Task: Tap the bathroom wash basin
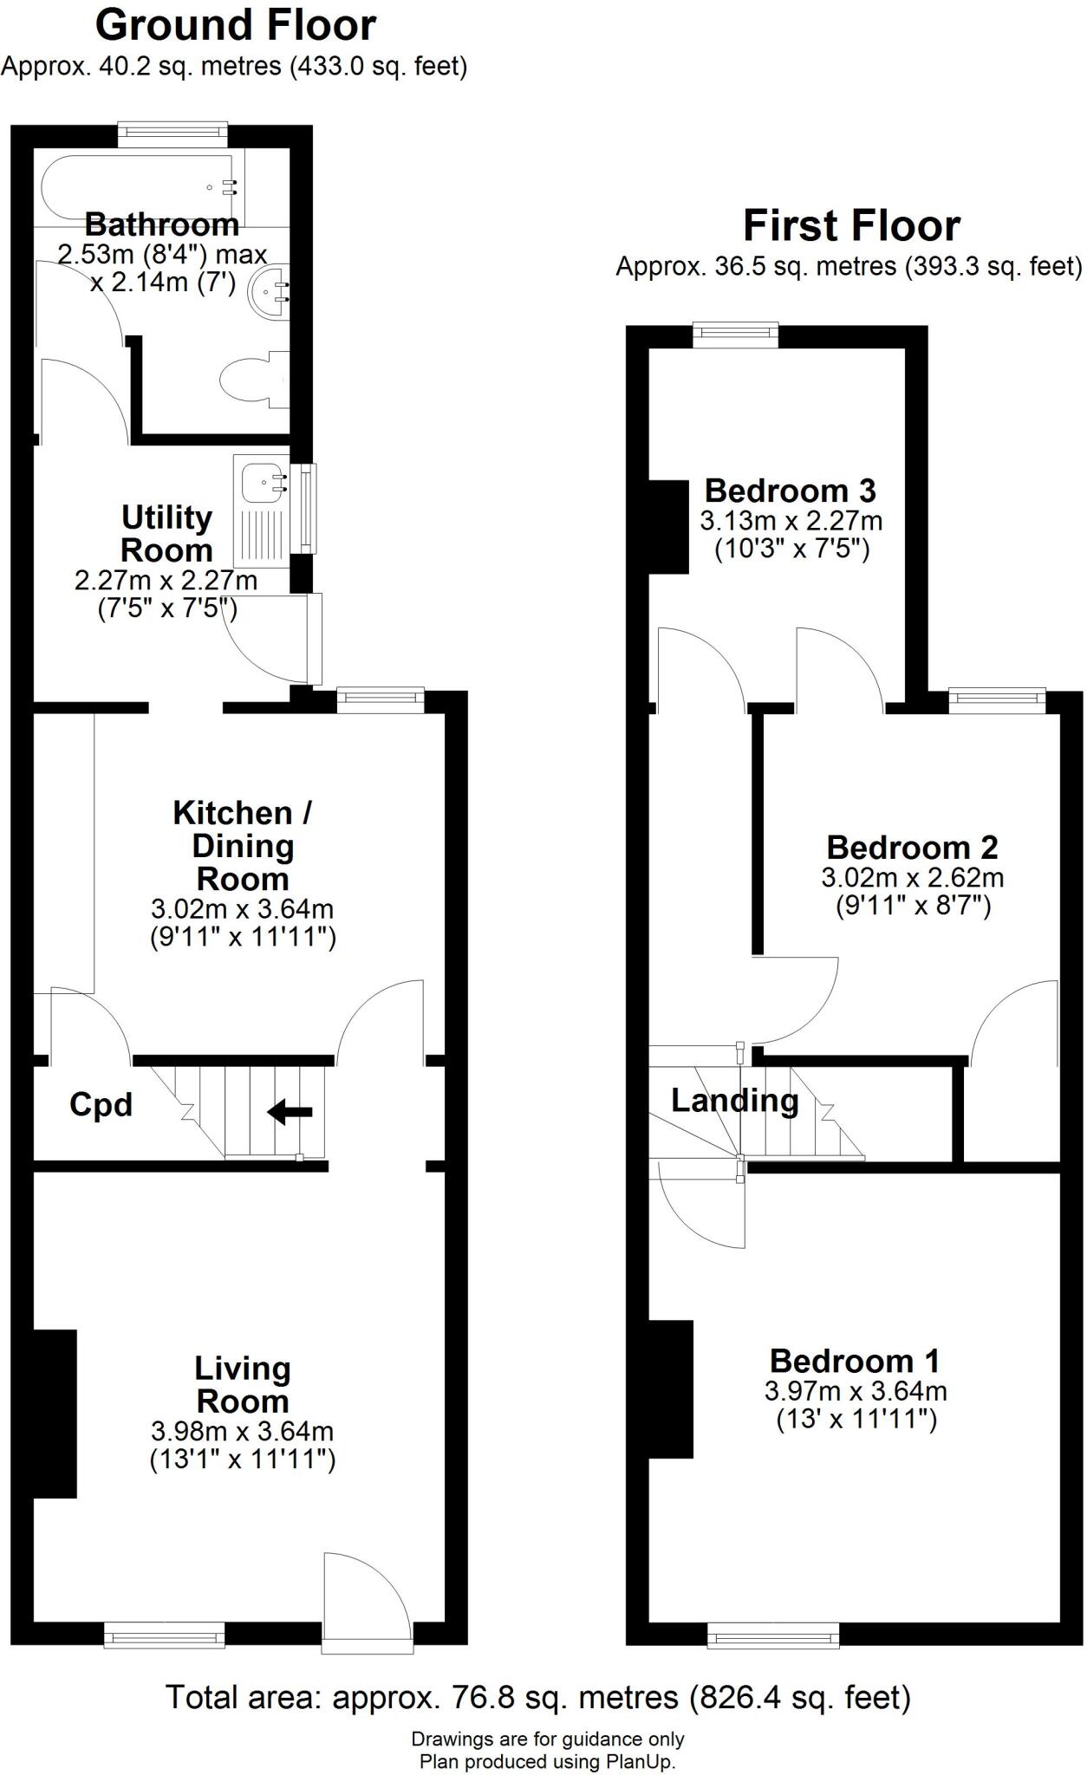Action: (x=269, y=292)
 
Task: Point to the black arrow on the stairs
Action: (x=290, y=1112)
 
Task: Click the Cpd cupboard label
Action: (x=101, y=1105)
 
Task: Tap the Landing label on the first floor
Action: (x=734, y=1101)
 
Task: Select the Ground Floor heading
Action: (x=236, y=26)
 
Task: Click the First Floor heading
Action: (x=851, y=226)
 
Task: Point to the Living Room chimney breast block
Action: (x=55, y=1414)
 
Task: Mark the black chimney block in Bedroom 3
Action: (x=668, y=526)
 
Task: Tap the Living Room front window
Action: (x=164, y=1635)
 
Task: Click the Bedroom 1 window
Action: (x=773, y=1635)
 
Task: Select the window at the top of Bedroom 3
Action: (x=735, y=335)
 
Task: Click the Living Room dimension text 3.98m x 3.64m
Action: (x=242, y=1431)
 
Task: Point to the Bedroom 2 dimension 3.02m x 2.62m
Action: (x=912, y=877)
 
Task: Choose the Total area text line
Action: (x=537, y=1697)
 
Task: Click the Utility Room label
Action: (x=166, y=534)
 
